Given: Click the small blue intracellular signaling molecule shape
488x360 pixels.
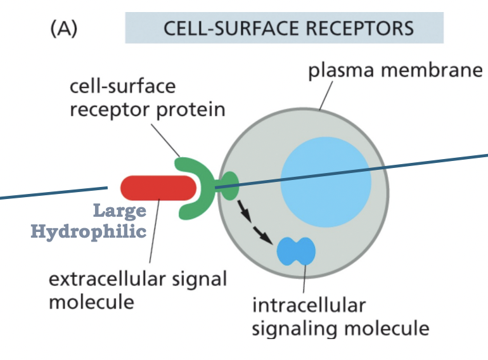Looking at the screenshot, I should (296, 251).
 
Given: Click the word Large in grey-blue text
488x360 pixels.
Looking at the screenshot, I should (120, 210).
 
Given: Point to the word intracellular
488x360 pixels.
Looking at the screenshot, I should (309, 305).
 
